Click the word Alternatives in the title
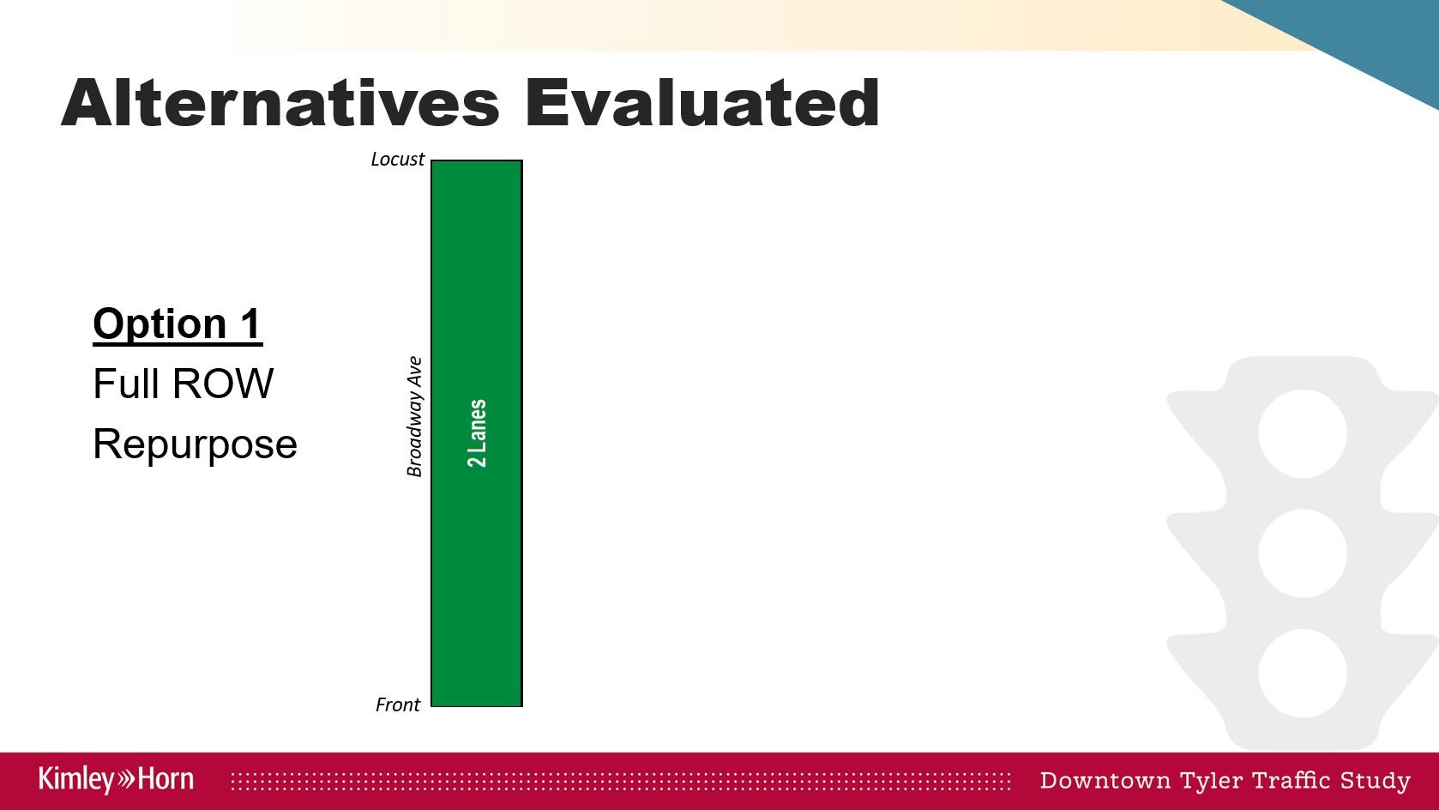[280, 103]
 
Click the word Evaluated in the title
[702, 103]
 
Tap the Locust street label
[398, 159]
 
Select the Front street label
[398, 704]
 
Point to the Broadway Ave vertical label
[415, 416]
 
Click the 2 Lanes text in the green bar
[477, 433]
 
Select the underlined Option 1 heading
[178, 323]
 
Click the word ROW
[223, 384]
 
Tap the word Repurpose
[196, 444]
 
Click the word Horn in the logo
[166, 779]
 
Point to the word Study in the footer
[1376, 781]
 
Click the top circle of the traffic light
[1302, 433]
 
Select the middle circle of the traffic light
[1302, 553]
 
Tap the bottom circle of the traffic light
[1302, 673]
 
